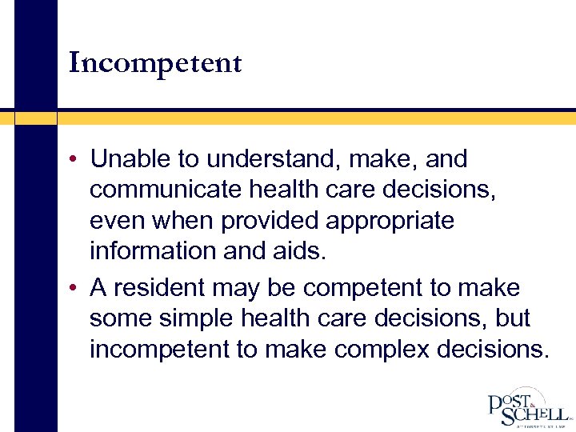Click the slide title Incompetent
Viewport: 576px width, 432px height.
[x=155, y=62]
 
